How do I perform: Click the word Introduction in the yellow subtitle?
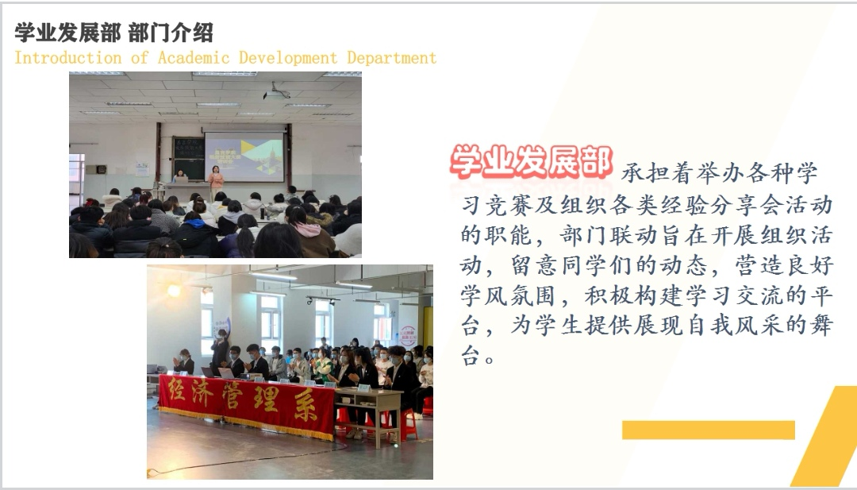click(67, 57)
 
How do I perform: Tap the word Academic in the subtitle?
click(194, 57)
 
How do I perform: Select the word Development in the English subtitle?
click(288, 58)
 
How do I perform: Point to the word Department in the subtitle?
click(392, 58)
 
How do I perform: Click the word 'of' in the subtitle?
click(140, 57)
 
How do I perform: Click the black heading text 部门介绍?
click(171, 33)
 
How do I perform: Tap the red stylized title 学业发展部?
click(531, 162)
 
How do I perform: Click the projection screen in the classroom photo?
click(244, 156)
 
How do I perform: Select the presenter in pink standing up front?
click(216, 179)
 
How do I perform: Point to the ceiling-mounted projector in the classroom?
click(277, 94)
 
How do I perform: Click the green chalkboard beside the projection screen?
click(188, 158)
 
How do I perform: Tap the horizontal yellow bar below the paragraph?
click(709, 430)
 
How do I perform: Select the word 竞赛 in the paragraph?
click(509, 206)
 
